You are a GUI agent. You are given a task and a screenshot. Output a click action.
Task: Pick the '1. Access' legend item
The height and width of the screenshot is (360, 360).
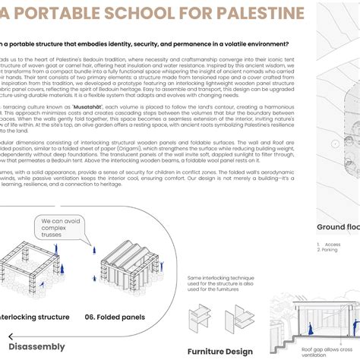327,244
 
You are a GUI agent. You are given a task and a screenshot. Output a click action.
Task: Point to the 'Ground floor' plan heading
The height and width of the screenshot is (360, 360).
337,226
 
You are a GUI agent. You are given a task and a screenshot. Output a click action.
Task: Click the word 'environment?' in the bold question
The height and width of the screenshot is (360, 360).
267,43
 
